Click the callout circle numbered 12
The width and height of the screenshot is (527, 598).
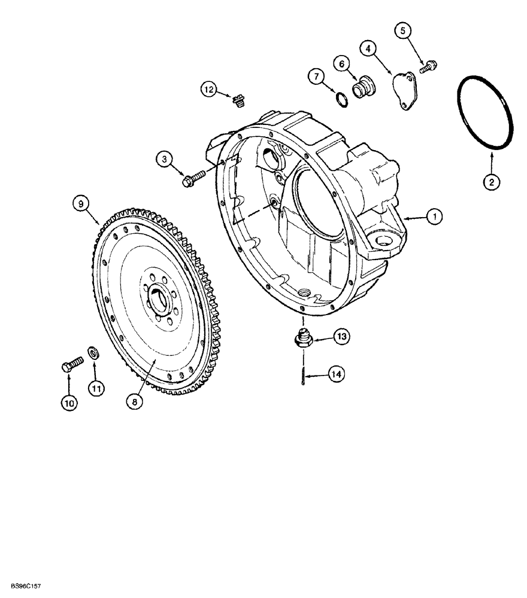coord(208,89)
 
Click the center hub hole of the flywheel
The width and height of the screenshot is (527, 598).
coord(159,295)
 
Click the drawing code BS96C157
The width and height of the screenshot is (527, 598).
coord(25,588)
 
